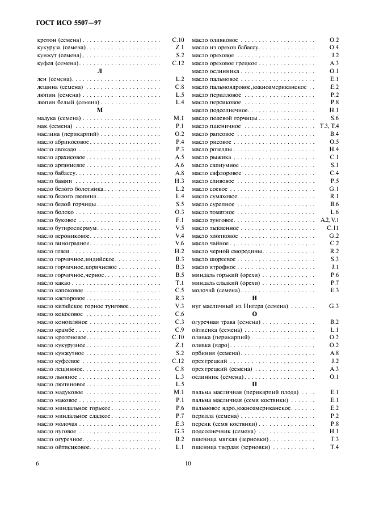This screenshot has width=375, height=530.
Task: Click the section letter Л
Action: (x=99, y=71)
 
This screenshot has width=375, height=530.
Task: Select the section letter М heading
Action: (x=99, y=110)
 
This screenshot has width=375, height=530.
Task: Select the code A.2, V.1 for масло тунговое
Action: (x=330, y=219)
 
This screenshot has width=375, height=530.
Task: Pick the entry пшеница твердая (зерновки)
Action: (x=230, y=447)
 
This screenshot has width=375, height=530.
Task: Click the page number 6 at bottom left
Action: (x=37, y=463)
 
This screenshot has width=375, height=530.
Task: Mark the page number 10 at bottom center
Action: (x=188, y=463)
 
